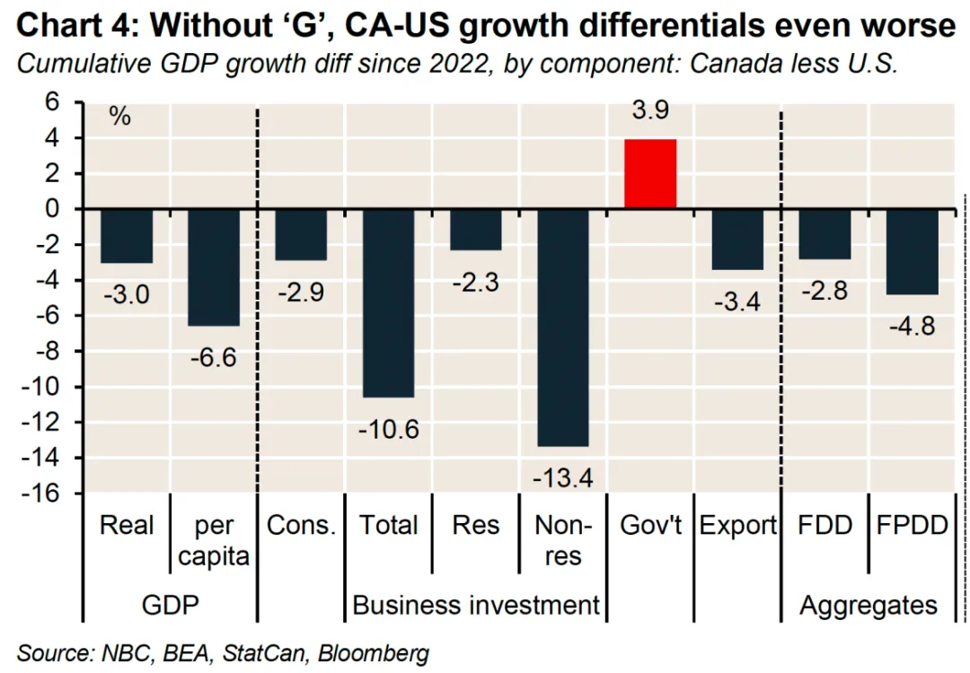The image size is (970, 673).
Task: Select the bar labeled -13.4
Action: tap(562, 328)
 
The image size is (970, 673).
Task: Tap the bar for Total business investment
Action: tap(388, 302)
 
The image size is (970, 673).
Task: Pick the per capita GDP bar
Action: tap(214, 267)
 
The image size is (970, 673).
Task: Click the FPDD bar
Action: tap(912, 251)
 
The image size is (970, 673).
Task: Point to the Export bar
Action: tap(737, 239)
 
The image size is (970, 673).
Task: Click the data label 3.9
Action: tap(650, 113)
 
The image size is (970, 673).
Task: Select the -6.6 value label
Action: tap(214, 357)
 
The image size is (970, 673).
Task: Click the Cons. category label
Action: tap(301, 526)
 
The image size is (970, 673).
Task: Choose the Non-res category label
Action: tap(562, 540)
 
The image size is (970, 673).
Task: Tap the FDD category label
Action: tap(825, 526)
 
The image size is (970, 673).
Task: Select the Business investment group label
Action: tap(475, 605)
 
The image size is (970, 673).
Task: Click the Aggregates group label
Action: tap(869, 605)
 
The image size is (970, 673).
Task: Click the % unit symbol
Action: tap(119, 117)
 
